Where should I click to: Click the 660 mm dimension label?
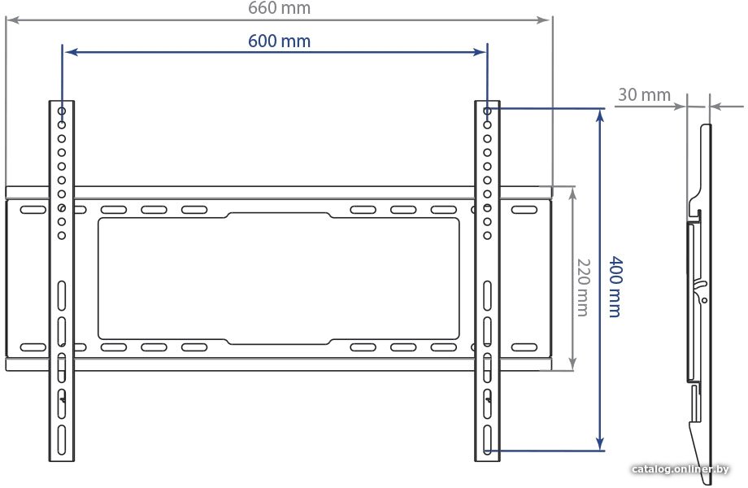(279, 7)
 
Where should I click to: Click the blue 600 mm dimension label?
(279, 41)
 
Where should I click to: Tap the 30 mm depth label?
(644, 94)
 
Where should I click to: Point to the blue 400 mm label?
(615, 286)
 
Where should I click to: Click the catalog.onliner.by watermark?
(681, 469)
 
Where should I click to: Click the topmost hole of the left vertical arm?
(62, 111)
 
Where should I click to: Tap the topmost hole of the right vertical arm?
(487, 111)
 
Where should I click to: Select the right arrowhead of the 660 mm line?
(543, 20)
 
